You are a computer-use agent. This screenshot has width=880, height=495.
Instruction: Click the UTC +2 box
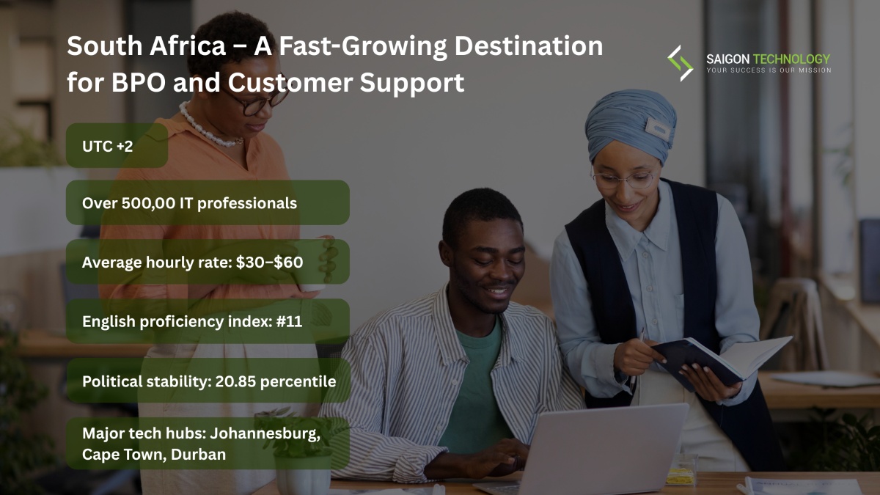coord(117,145)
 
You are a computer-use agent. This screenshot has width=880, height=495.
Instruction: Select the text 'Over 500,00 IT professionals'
coord(190,202)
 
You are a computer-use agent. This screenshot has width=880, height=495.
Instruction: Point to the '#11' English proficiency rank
coord(290,321)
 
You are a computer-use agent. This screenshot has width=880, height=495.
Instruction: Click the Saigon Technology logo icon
coord(680,63)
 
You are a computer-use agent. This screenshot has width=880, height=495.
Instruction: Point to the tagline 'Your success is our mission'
coord(769,70)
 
